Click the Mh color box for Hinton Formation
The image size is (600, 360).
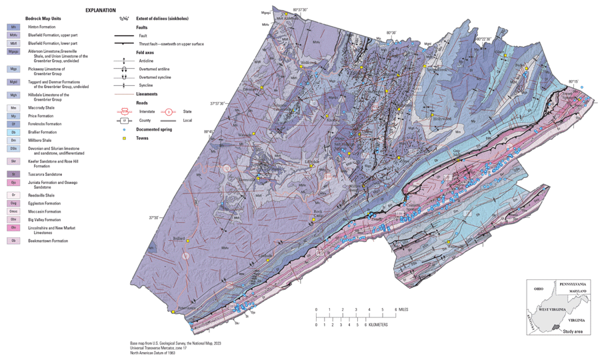click(x=13, y=27)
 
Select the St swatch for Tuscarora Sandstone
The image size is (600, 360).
click(x=13, y=174)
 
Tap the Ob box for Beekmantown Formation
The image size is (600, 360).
click(x=13, y=241)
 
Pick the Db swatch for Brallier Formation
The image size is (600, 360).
click(x=13, y=132)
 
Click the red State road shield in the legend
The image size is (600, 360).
click(x=169, y=111)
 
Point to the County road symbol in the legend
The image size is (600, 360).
click(x=124, y=121)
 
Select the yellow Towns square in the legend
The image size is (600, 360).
click(x=124, y=138)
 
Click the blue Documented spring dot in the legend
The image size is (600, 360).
click(x=124, y=129)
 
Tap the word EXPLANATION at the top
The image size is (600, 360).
click(x=100, y=11)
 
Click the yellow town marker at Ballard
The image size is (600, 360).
click(x=189, y=241)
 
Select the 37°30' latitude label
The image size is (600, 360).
click(x=153, y=217)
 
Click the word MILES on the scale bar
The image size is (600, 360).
click(x=407, y=310)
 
